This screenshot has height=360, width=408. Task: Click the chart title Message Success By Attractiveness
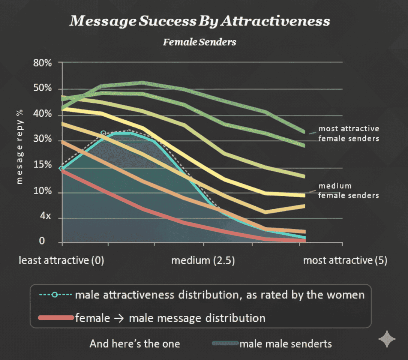199,21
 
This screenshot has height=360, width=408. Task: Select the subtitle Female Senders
199,42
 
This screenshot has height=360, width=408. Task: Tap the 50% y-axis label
42,88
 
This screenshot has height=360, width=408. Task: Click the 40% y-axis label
42,114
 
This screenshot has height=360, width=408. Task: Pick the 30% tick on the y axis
42,140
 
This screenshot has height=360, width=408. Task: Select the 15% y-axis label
42,165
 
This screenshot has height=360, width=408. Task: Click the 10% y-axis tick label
42,192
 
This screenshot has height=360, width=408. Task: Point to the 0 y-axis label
42,241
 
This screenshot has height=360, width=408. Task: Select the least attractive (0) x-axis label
61,261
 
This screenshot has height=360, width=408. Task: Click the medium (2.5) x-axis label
203,261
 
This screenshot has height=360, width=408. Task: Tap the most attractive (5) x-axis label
345,261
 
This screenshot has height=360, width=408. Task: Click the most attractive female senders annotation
349,133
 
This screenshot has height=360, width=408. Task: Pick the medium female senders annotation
349,190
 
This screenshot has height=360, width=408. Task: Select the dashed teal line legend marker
55,295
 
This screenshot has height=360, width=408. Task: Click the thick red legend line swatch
55,318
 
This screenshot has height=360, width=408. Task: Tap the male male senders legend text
285,343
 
